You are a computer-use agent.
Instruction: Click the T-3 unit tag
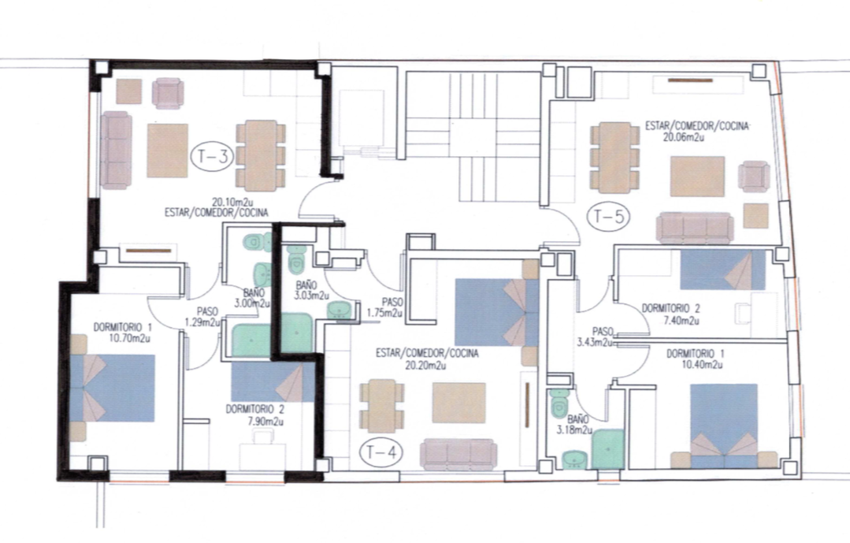(x=212, y=156)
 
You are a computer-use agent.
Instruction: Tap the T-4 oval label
(x=381, y=452)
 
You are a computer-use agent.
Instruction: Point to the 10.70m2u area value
(x=129, y=338)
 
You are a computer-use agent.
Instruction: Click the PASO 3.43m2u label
(x=595, y=337)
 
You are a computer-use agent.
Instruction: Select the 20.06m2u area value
(x=684, y=137)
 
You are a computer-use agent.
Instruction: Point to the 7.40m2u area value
(x=681, y=320)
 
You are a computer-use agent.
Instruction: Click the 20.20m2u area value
(x=425, y=365)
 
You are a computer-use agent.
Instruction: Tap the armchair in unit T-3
(x=168, y=93)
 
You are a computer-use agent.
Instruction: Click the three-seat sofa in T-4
(x=458, y=453)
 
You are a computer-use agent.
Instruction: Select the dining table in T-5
(x=614, y=158)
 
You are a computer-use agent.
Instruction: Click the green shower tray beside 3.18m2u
(x=608, y=449)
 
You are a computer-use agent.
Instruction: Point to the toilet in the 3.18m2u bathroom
(x=559, y=402)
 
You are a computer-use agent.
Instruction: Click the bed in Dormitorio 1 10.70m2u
(x=113, y=389)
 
